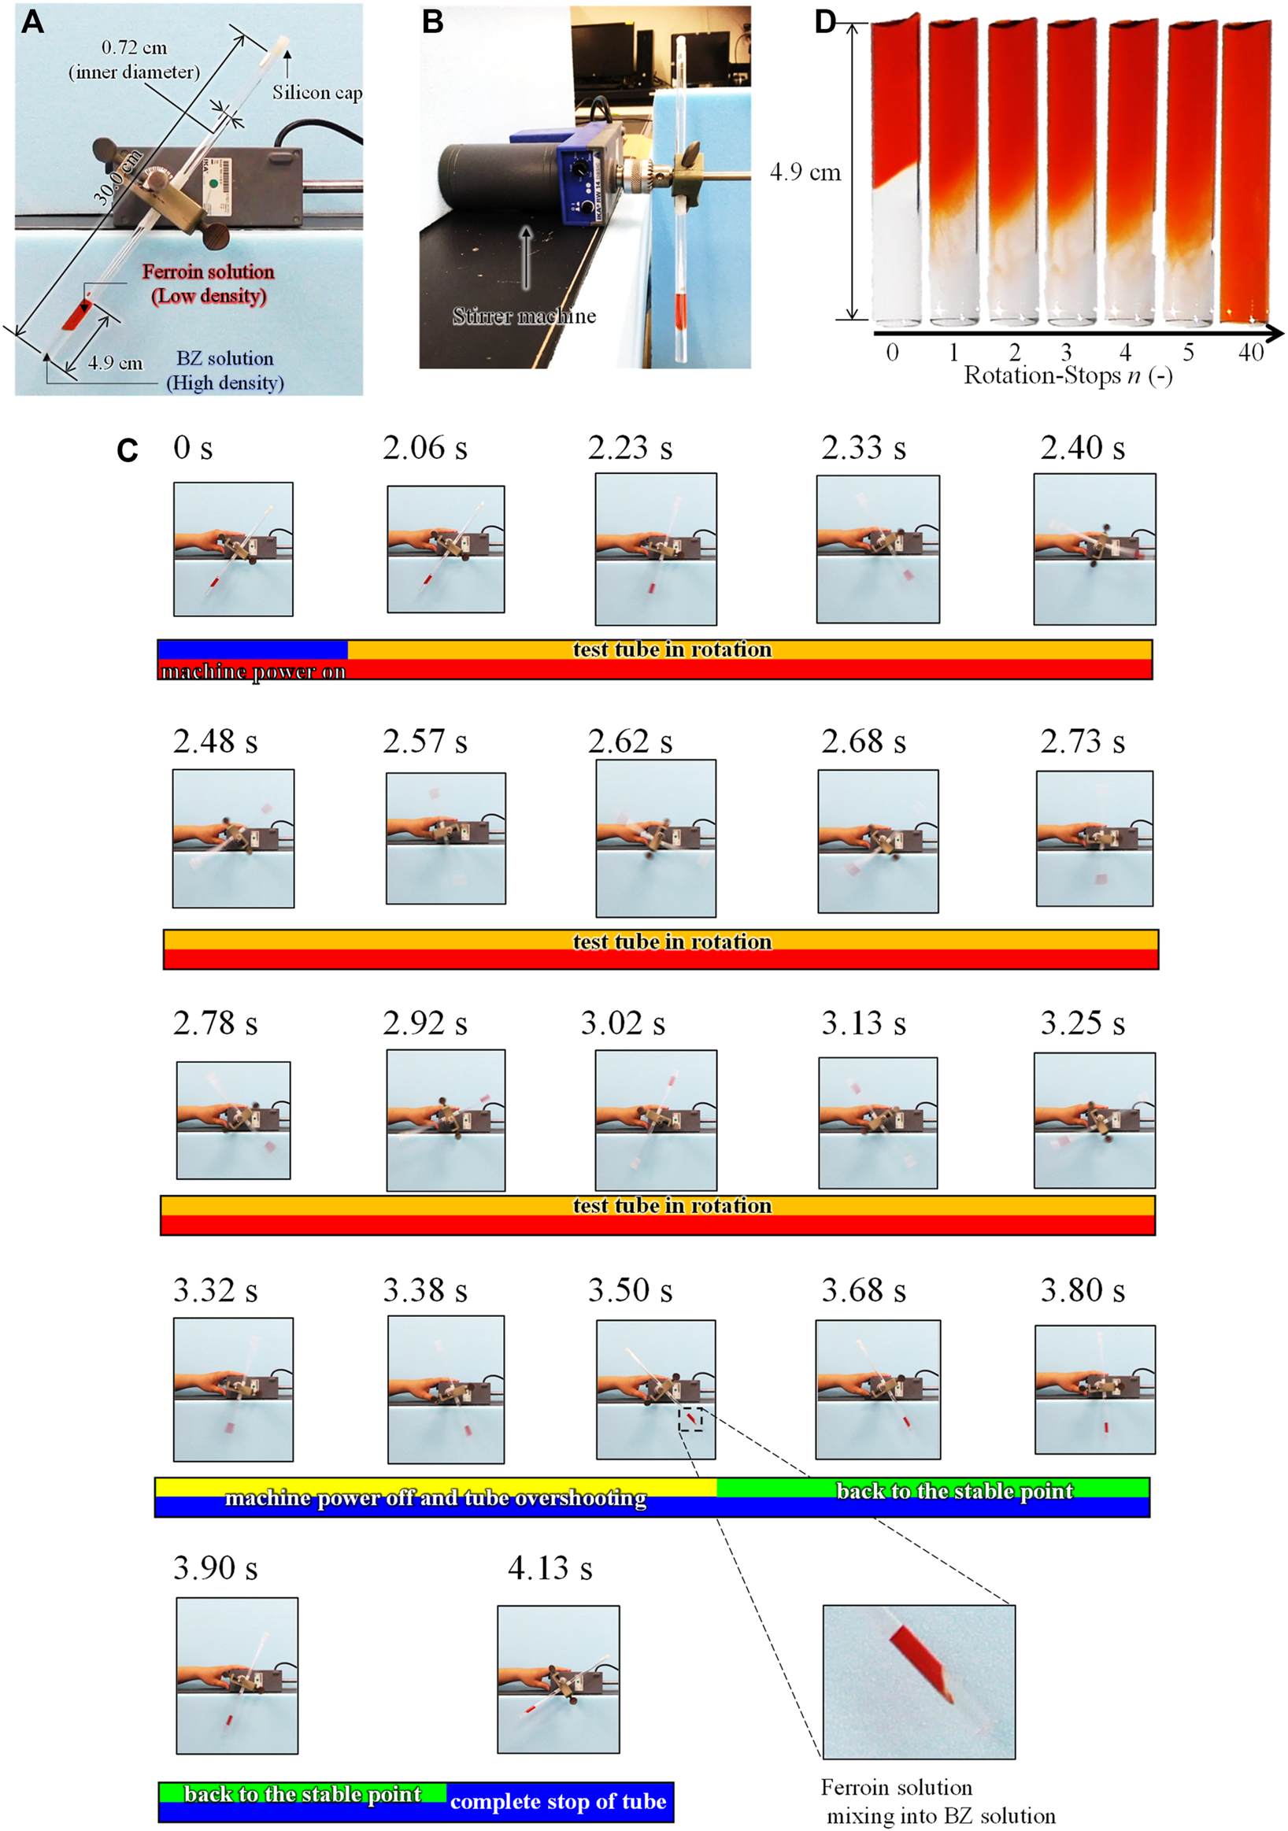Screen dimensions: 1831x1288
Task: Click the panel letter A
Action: click(32, 21)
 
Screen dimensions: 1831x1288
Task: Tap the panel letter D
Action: click(824, 21)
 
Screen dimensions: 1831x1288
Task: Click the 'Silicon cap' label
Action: click(316, 93)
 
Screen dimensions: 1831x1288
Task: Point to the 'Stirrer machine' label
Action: click(524, 316)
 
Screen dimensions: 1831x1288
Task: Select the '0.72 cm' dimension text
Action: click(134, 48)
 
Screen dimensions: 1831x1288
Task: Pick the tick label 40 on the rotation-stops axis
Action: click(1250, 352)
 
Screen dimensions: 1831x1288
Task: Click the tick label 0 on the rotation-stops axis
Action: click(892, 352)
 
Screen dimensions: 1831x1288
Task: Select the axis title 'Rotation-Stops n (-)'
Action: click(1068, 375)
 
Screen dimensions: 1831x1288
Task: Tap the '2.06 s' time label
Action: click(424, 448)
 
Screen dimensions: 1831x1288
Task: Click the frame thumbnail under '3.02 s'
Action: click(656, 1119)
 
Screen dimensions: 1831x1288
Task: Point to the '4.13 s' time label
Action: click(550, 1569)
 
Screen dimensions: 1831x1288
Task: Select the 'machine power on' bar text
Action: click(253, 671)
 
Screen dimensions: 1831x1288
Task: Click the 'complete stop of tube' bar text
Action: click(557, 1801)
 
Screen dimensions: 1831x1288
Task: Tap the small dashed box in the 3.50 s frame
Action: click(690, 1419)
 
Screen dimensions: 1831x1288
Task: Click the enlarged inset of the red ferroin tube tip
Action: click(919, 1681)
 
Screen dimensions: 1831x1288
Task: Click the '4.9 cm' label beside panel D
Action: click(805, 172)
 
